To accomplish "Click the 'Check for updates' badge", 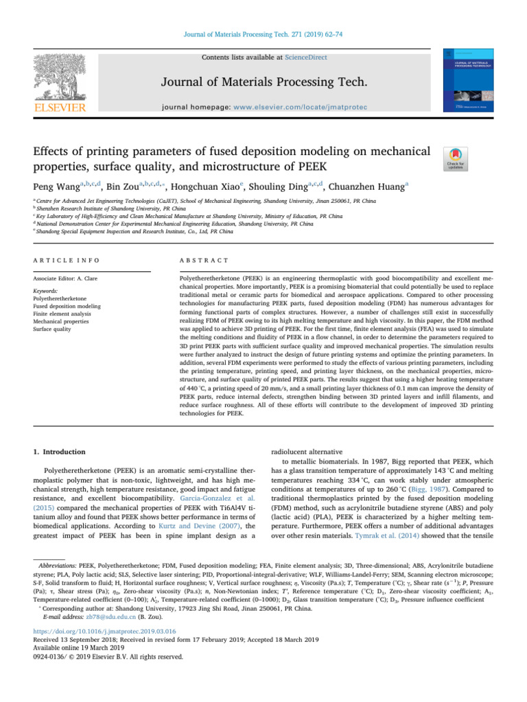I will tap(456, 157).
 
